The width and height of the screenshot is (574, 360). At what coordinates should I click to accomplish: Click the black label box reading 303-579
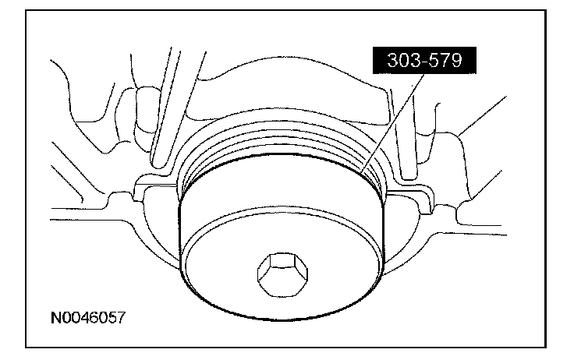(x=424, y=60)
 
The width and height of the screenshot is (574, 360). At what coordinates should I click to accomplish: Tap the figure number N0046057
(x=88, y=317)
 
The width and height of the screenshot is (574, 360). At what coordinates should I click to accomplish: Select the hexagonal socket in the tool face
(x=282, y=274)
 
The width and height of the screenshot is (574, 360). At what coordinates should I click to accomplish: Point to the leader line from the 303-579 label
(x=392, y=123)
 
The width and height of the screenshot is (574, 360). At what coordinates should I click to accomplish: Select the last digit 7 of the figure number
(x=121, y=317)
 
